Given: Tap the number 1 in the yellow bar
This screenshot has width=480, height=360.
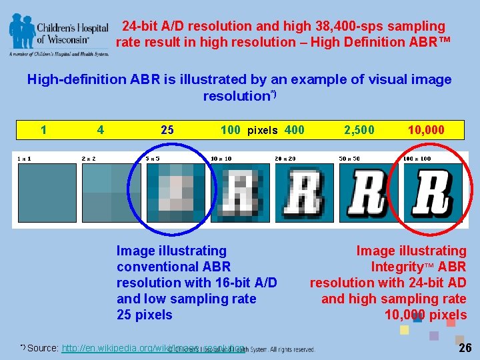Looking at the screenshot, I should pyautogui.click(x=43, y=130).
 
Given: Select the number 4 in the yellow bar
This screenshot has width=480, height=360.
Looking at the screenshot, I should pyautogui.click(x=100, y=130).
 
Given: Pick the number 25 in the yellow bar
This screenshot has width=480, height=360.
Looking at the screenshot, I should pyautogui.click(x=167, y=130).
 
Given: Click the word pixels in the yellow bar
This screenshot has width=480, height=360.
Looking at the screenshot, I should pyautogui.click(x=263, y=131).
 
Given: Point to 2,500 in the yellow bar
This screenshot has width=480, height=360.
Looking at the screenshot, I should pyautogui.click(x=359, y=130).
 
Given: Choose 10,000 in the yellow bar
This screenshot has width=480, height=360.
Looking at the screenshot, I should pyautogui.click(x=426, y=130).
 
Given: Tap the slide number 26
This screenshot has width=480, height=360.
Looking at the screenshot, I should pyautogui.click(x=465, y=348).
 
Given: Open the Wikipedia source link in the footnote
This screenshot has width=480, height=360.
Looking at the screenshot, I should pyautogui.click(x=153, y=348).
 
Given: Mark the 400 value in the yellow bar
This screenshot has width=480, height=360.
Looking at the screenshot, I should pyautogui.click(x=295, y=130).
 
